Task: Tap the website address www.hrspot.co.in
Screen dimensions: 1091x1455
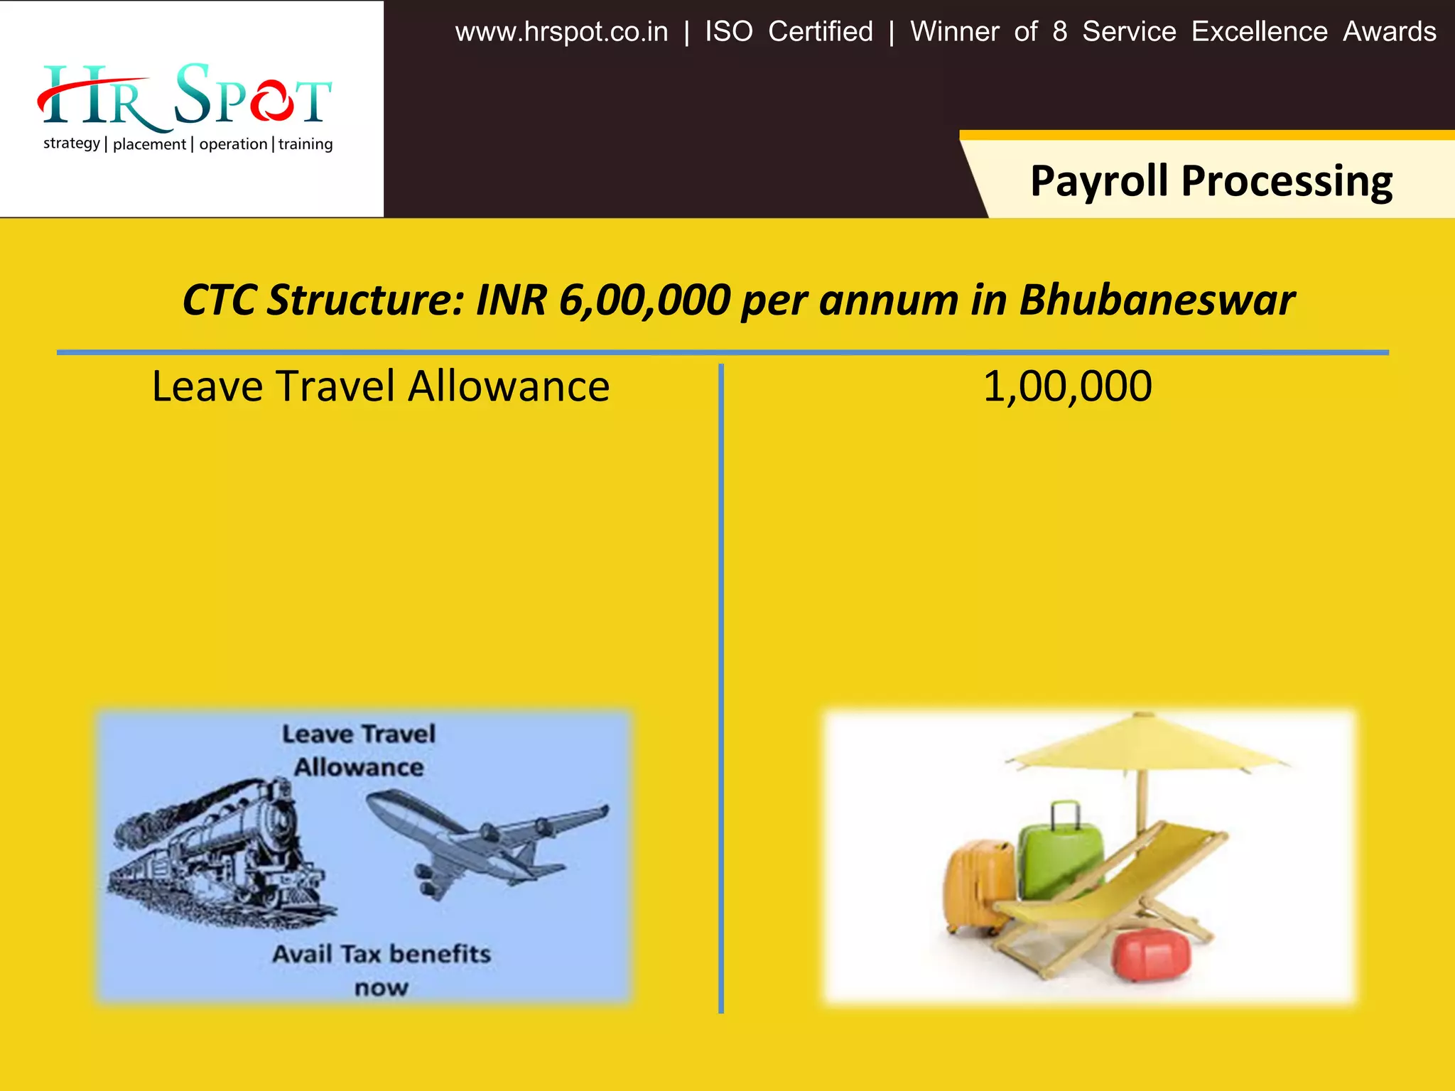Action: [x=561, y=32]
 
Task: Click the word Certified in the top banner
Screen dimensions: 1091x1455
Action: [x=821, y=32]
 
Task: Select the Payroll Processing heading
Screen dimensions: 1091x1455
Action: [x=1211, y=181]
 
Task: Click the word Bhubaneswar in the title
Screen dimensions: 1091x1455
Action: [x=1157, y=300]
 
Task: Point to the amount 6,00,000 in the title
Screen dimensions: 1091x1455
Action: [x=644, y=300]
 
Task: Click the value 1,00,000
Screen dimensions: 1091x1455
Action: [x=1067, y=387]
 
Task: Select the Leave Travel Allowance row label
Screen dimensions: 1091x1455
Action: [x=381, y=387]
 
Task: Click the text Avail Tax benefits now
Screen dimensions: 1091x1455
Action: [x=382, y=970]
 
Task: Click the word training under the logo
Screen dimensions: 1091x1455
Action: [x=305, y=144]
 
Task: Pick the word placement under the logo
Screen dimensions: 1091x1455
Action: [x=149, y=144]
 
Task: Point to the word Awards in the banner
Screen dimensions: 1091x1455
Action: [x=1389, y=32]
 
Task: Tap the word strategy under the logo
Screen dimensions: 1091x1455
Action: [x=72, y=143]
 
